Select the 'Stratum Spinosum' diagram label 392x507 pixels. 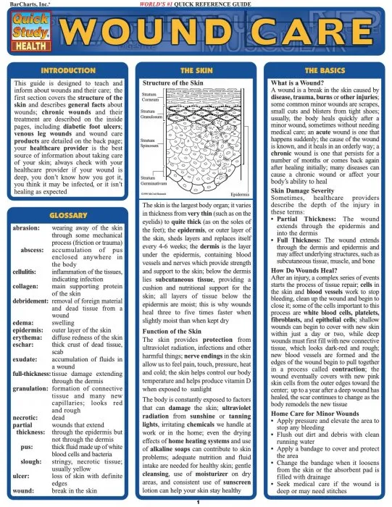point(149,143)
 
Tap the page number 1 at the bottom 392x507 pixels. point(196,501)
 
